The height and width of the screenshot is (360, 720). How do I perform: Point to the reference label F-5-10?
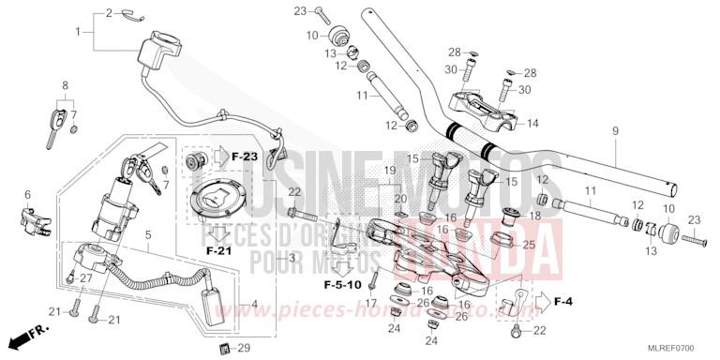tap(342, 284)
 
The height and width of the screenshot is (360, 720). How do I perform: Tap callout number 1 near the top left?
tap(79, 33)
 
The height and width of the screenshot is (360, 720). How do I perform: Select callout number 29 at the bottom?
tap(244, 348)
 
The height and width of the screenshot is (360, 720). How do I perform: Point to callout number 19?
tap(390, 170)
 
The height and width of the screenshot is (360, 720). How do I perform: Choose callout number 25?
tap(528, 246)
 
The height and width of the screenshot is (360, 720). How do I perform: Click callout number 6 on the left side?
tap(28, 194)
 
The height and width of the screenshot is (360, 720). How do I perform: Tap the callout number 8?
tap(65, 86)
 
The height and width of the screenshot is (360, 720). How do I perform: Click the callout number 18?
tap(536, 216)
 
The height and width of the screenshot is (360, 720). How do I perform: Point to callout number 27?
tap(84, 278)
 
